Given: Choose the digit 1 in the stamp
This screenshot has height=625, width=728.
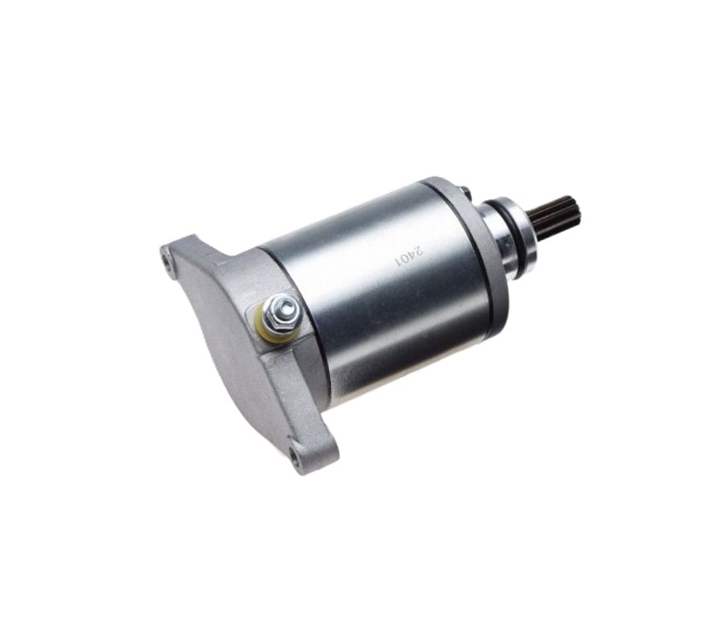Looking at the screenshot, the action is click(x=397, y=262).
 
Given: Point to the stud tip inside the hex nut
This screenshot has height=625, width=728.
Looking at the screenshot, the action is click(x=284, y=305).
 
